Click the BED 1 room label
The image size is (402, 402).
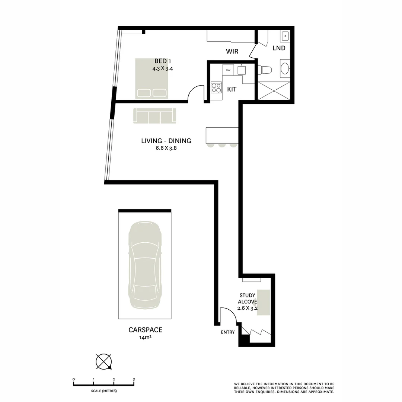coord(162,61)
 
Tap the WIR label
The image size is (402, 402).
coord(232,51)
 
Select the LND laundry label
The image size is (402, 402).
coord(279,48)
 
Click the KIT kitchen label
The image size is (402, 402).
coord(232,89)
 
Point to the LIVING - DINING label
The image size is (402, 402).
coord(166,141)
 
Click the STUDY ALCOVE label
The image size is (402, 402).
coord(247,299)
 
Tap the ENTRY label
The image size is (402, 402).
coord(227,332)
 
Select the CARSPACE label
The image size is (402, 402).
coord(145,330)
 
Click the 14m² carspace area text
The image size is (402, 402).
coord(145,338)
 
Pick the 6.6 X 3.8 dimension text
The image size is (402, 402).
coord(166,148)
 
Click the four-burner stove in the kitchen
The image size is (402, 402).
coord(216,88)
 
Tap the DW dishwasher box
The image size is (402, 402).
coord(228,70)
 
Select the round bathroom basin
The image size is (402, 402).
coord(285,68)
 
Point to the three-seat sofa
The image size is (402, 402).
coord(154,116)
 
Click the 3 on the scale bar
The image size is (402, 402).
coord(134,379)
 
